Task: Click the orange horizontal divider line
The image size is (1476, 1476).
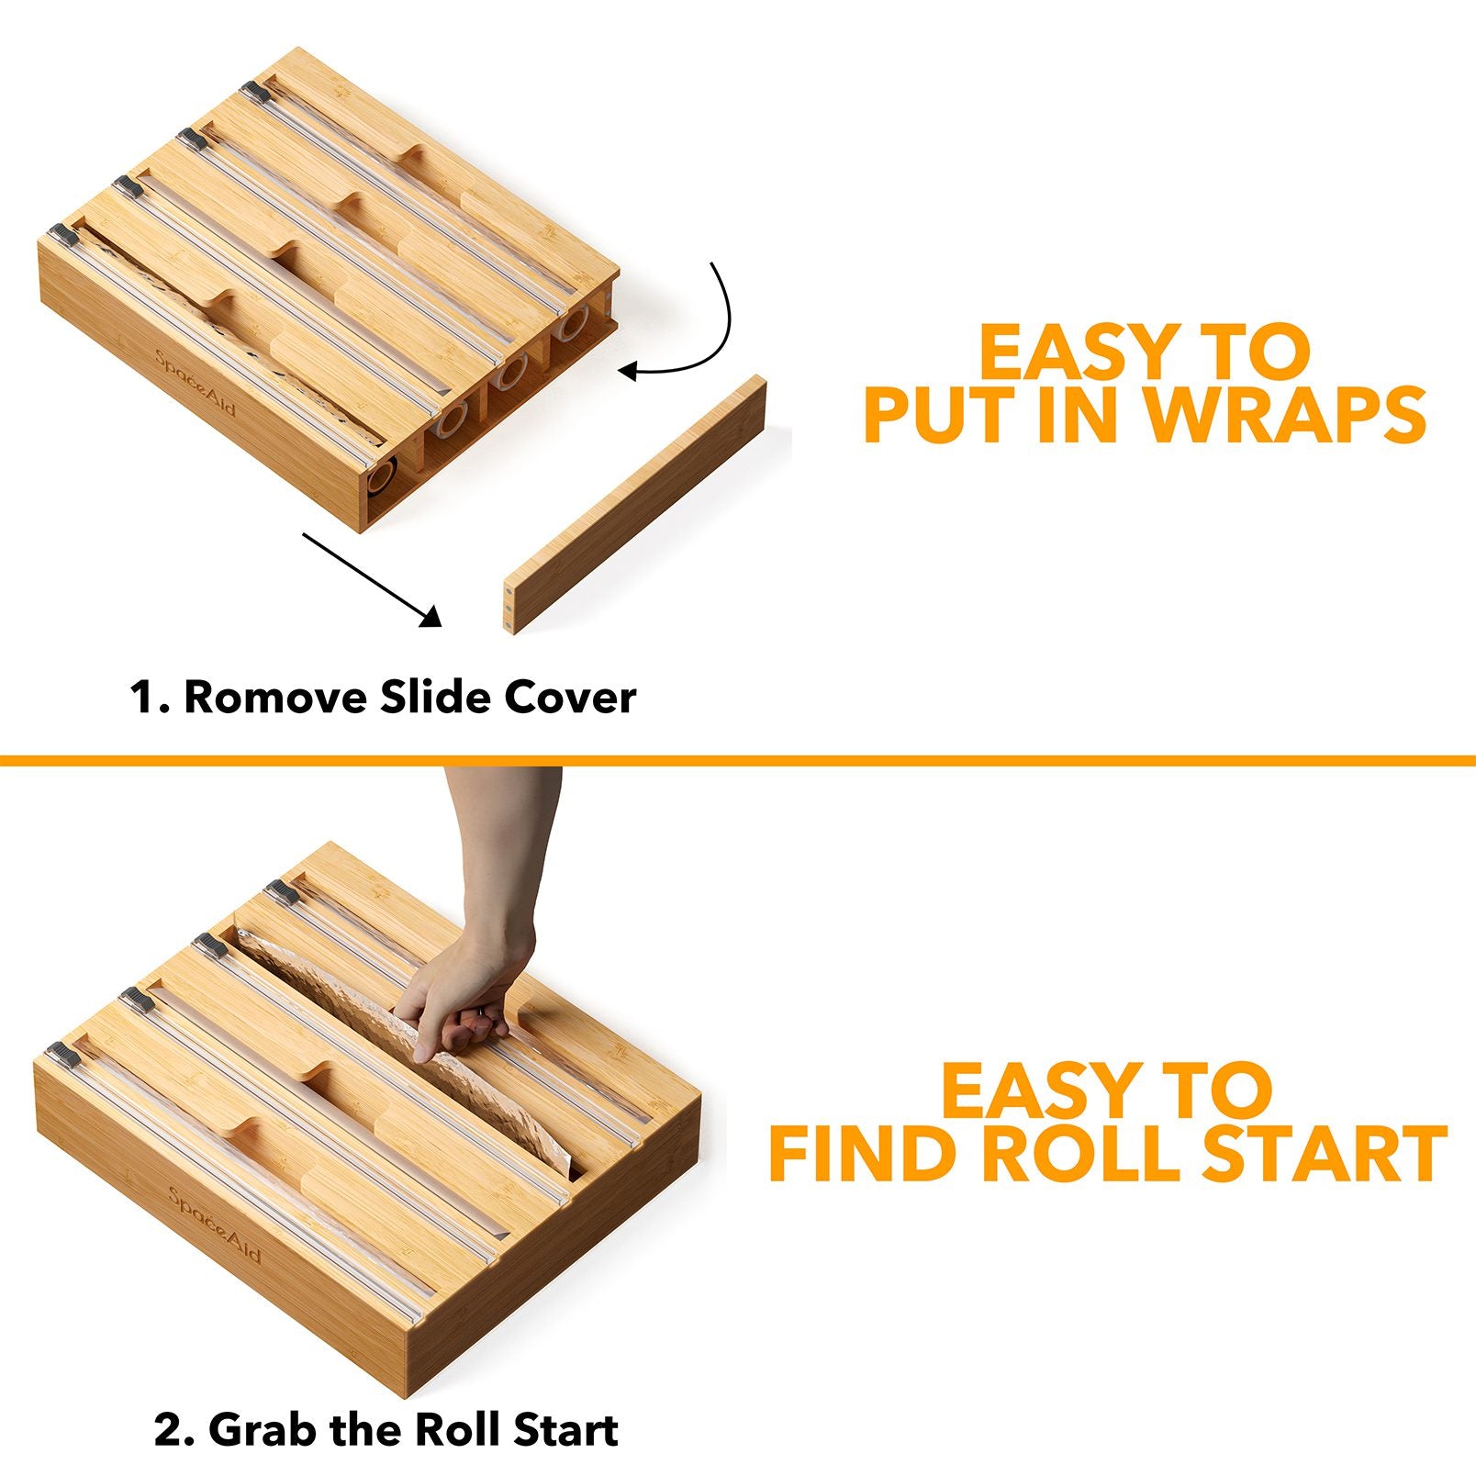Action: click(738, 760)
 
